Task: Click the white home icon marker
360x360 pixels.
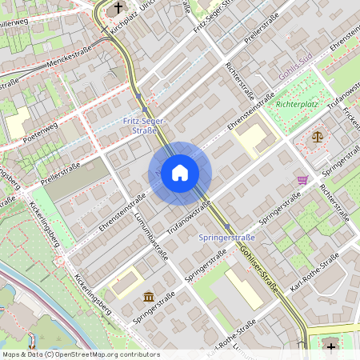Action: [180, 173]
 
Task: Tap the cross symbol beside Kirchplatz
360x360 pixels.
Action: [119, 9]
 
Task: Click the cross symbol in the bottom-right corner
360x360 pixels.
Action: [331, 346]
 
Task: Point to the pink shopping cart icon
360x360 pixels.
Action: [302, 180]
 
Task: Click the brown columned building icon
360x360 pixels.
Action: [149, 298]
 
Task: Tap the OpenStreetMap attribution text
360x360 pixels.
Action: [81, 354]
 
